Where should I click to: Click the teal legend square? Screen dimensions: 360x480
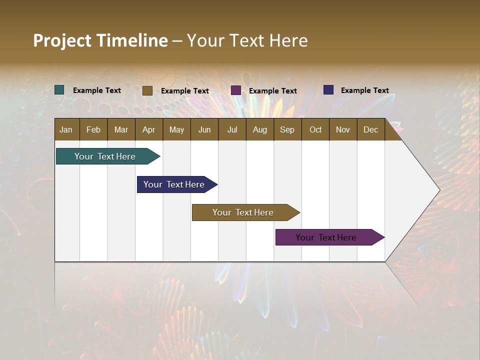pos(59,90)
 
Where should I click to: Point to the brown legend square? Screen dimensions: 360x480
pos(147,90)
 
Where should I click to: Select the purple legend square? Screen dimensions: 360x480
pos(236,90)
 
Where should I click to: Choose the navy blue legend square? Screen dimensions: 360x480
pos(328,90)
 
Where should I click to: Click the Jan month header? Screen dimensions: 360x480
pos(66,130)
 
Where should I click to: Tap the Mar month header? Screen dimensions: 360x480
pos(121,130)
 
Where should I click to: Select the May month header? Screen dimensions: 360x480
pos(176,130)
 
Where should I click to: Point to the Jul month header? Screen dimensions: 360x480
pos(232,130)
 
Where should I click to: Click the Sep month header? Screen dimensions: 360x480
pos(287,130)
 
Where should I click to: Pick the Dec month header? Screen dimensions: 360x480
pos(370,130)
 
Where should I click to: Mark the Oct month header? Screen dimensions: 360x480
pos(315,130)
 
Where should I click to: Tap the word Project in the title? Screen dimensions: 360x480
pos(62,40)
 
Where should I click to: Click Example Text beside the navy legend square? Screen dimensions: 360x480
pos(364,90)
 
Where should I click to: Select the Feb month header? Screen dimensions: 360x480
pos(93,130)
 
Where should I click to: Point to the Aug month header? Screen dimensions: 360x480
pos(259,130)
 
